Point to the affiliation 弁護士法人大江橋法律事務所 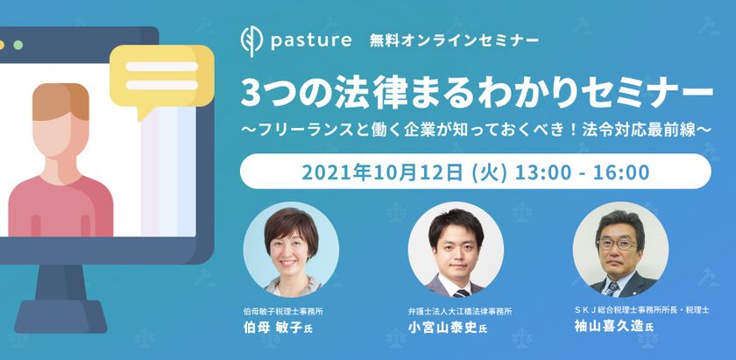click(459, 311)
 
